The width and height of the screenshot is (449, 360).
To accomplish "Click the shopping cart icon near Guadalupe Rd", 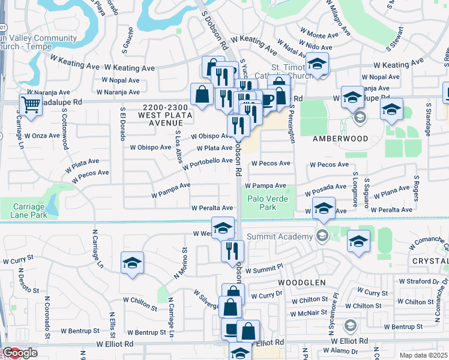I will point(31,104).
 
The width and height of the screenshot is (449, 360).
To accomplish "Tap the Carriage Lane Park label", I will point(29,210).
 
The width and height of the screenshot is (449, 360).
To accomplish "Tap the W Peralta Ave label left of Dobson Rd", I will point(212,208).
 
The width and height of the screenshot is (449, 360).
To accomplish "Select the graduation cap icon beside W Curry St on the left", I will point(132,263).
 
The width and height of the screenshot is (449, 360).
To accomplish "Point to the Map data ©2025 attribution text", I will point(423,355).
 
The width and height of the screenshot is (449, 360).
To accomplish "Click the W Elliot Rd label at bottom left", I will point(114,344).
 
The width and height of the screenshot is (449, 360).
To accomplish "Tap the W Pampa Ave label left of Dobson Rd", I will point(171,190).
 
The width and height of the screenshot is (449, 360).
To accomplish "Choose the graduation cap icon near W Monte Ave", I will point(318,64).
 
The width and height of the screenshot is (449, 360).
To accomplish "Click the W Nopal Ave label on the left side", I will point(121,80).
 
